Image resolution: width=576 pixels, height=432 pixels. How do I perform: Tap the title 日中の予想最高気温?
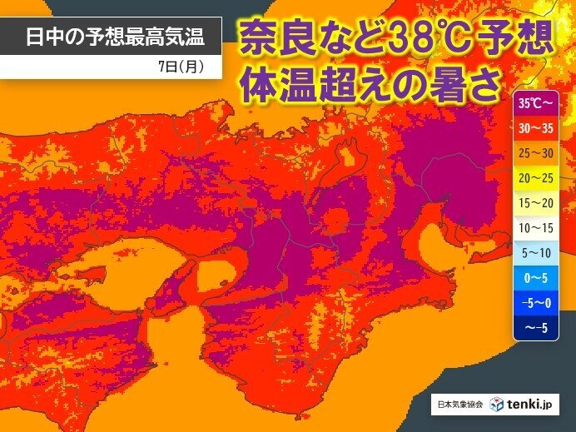click(x=112, y=37)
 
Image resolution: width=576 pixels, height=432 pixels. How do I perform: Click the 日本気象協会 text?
click(x=458, y=405)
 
